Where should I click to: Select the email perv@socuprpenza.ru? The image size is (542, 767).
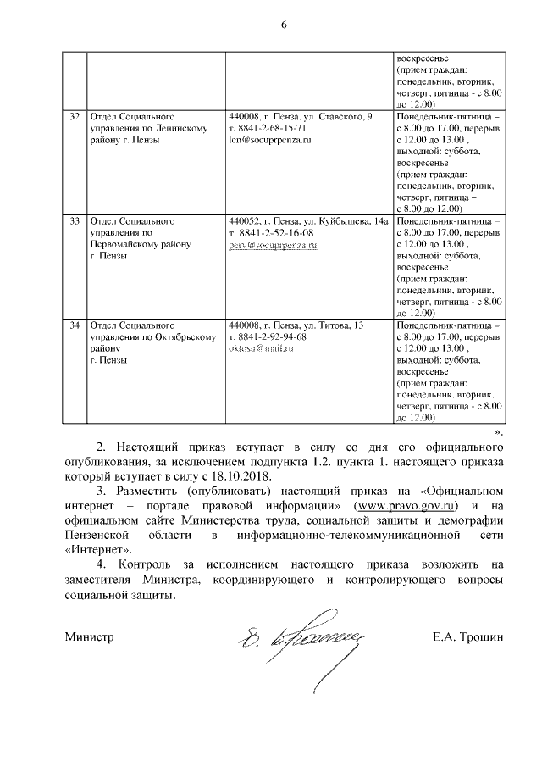pos(272,244)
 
